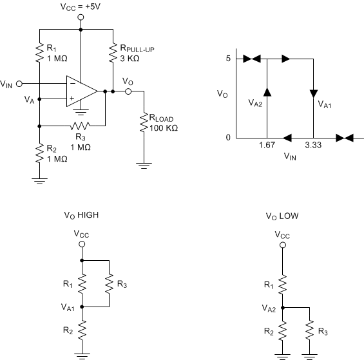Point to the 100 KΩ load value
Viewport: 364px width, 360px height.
pos(164,128)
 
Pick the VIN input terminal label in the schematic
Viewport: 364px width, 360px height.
pos(6,84)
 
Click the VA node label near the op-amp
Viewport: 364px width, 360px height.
pos(30,100)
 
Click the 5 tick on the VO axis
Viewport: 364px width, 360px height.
pos(227,59)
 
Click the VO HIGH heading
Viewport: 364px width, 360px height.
pos(81,216)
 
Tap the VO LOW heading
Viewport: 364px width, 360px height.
pos(282,216)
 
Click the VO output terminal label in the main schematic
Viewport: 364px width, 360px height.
pos(128,82)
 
